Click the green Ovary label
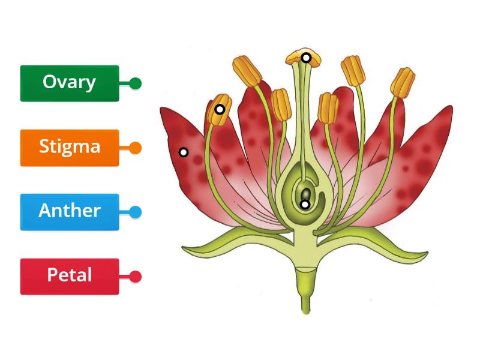coord(69,83)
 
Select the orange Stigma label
coord(69,147)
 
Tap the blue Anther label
coord(69,211)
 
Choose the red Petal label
coord(69,276)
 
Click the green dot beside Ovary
coord(136,83)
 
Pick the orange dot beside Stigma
coord(136,148)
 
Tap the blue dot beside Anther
coord(136,212)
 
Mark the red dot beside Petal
coord(136,277)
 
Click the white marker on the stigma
coord(306,58)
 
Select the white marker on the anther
coord(220,109)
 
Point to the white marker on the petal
coord(184,152)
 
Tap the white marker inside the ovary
coord(305,205)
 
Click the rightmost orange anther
coord(403,84)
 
